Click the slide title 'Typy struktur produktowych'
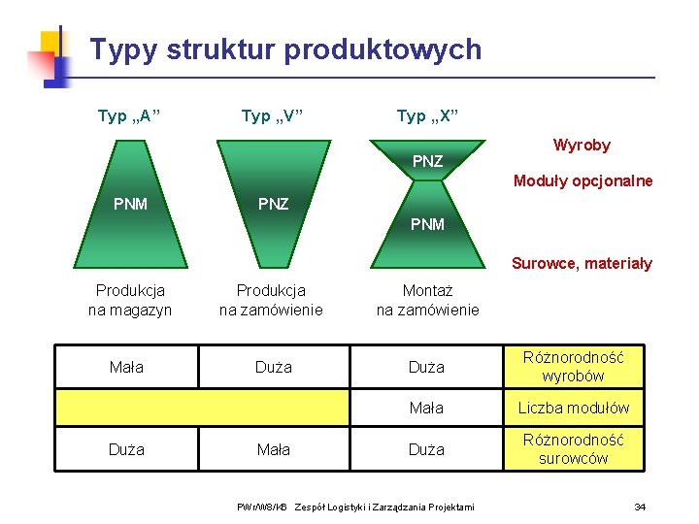tap(284, 49)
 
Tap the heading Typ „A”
tap(129, 117)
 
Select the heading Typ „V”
tap(272, 117)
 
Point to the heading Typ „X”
tap(427, 117)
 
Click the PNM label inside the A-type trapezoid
tap(130, 204)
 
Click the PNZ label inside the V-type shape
tap(272, 204)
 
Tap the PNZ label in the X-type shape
tap(427, 161)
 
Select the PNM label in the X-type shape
tap(427, 224)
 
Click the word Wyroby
tap(582, 146)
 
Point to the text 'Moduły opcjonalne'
tap(582, 181)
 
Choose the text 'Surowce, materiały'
tap(582, 263)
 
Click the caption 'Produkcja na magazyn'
tap(130, 300)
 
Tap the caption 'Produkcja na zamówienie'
tap(272, 300)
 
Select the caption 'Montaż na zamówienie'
tap(427, 300)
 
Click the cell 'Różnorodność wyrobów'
tap(573, 367)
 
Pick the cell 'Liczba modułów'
tap(573, 408)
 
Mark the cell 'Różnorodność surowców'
tap(573, 449)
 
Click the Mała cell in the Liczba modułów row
tap(426, 408)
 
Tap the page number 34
tap(640, 507)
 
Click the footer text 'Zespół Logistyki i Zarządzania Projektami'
tap(384, 507)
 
